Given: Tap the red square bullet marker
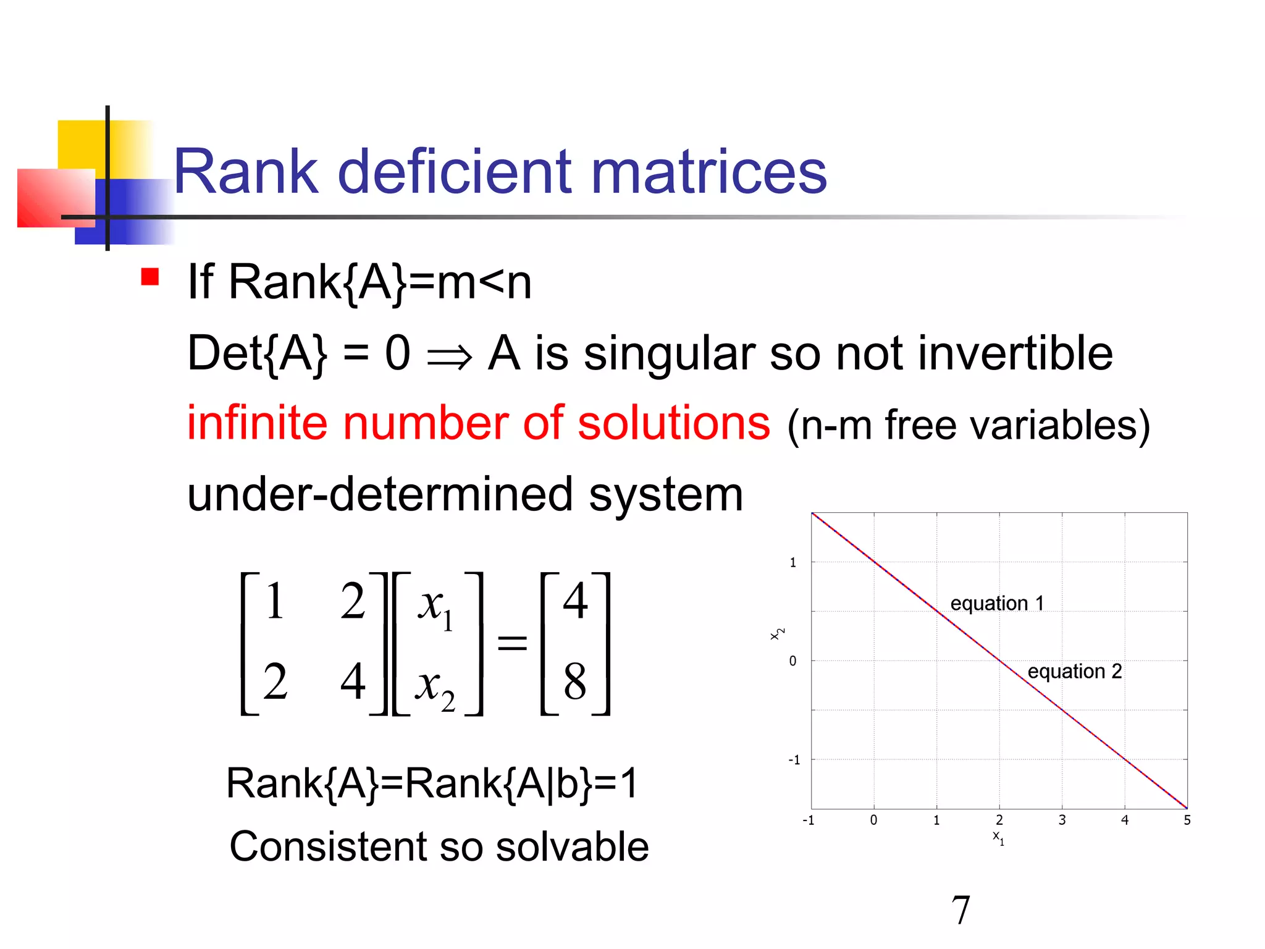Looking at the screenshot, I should pos(150,276).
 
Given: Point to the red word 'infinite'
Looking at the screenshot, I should pos(256,423).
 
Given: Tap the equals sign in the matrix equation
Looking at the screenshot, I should pos(512,643).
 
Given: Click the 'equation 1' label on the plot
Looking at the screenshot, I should pos(997,603).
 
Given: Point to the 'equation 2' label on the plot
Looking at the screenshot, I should pos(1074,671).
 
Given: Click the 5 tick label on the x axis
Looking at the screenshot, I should pos(1187,820).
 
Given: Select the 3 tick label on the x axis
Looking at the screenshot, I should pos(1062,820).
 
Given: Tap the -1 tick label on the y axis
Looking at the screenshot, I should pos(794,760).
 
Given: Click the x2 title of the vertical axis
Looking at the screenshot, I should pos(777,634).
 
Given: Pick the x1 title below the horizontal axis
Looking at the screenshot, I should pos(998,838).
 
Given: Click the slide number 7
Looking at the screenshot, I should pos(960,910).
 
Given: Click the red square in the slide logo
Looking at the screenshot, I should pos(56,198).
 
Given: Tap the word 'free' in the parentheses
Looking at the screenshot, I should pos(912,426).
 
